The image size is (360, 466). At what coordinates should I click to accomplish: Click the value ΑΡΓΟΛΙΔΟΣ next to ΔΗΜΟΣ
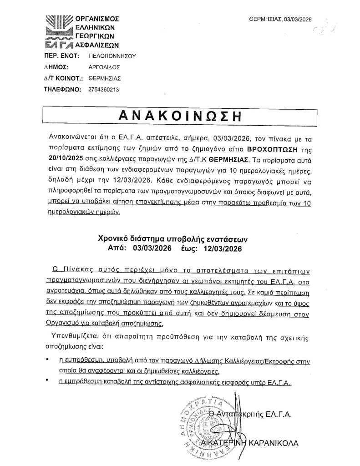click(x=101, y=67)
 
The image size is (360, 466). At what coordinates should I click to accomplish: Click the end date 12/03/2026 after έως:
click(x=222, y=248)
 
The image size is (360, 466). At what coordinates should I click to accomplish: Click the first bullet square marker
click(x=48, y=360)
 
